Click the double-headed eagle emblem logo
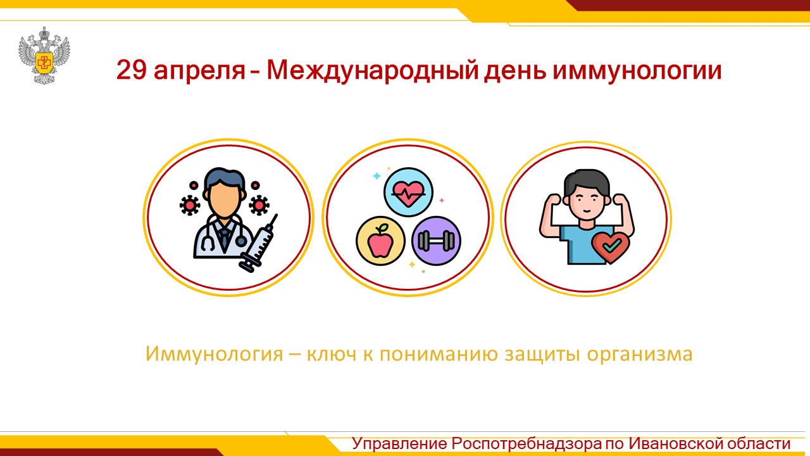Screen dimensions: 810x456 [x=44, y=56]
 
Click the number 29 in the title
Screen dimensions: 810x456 [x=131, y=70]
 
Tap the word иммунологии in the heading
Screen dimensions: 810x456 [x=637, y=70]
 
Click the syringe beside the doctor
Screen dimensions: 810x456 [x=259, y=243]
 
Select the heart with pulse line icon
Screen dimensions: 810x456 [x=408, y=192]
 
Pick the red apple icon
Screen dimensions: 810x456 [x=380, y=241]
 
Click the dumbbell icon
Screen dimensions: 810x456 [x=436, y=241]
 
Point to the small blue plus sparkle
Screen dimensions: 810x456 [x=377, y=176]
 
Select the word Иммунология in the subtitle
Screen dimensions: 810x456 [x=214, y=354]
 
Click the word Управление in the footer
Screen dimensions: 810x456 [x=399, y=444]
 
